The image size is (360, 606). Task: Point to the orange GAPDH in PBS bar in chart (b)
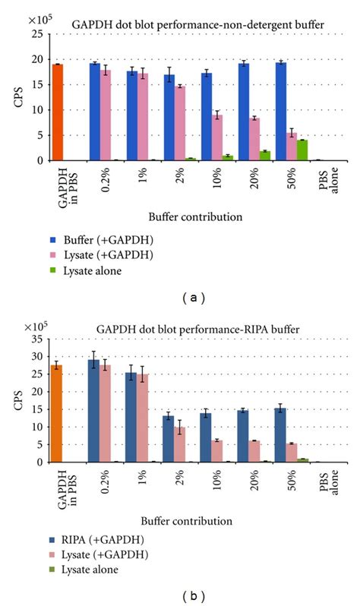coord(57,414)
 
